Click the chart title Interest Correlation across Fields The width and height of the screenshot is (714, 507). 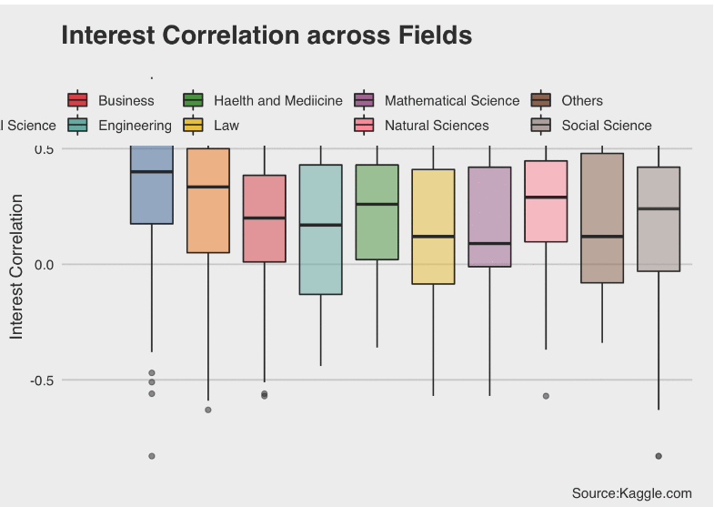[x=266, y=35]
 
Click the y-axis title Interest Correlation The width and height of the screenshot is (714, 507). [x=16, y=278]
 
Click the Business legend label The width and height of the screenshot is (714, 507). [x=126, y=101]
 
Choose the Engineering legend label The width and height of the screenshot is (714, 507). [x=135, y=126]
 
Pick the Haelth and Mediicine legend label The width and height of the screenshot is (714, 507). [x=277, y=101]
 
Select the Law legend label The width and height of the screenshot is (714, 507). [x=226, y=126]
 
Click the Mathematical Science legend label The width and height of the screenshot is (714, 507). [x=451, y=101]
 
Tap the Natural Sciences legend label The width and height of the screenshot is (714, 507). [x=437, y=126]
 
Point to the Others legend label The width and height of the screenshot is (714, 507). [x=582, y=101]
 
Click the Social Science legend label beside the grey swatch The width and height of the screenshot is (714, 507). [x=607, y=126]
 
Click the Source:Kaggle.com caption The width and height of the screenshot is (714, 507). [x=631, y=493]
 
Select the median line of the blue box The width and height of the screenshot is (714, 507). [x=152, y=171]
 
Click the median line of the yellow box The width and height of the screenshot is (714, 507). [x=433, y=237]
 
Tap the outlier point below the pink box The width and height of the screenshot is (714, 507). [x=546, y=396]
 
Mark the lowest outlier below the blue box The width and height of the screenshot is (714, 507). [x=152, y=456]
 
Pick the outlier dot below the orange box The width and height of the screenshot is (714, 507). [x=208, y=410]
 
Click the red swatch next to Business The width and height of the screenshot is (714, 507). [x=77, y=101]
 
